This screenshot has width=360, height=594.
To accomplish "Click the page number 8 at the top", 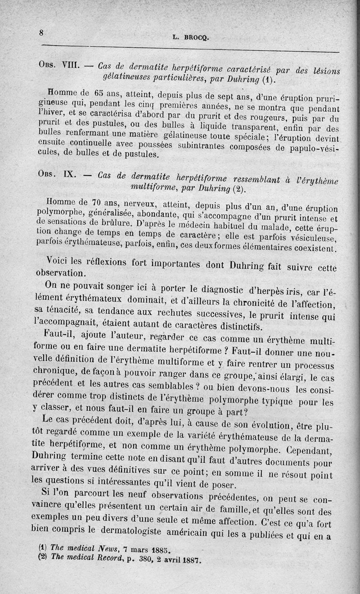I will pos(41,32).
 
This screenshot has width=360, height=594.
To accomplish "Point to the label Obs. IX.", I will pos(56,175).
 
